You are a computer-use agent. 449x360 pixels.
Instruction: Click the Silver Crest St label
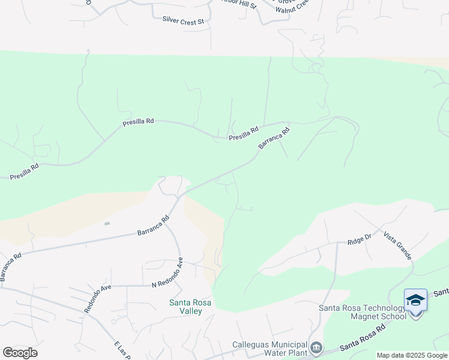[184, 20]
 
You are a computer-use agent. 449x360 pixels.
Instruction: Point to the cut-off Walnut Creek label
[292, 7]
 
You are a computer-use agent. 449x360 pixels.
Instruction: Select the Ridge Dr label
[360, 238]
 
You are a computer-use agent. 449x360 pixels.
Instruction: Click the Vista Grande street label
[397, 246]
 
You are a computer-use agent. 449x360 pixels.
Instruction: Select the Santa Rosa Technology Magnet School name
[363, 312]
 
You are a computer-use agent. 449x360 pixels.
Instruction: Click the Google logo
[20, 352]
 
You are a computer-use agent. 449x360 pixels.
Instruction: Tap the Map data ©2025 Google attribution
[412, 355]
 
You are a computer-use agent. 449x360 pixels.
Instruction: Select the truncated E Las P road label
[122, 350]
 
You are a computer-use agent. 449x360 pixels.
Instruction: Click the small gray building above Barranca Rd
[107, 224]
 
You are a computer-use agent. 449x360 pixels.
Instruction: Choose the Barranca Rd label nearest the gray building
[154, 226]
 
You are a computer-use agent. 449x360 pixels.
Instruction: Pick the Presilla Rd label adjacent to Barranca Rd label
[243, 134]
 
